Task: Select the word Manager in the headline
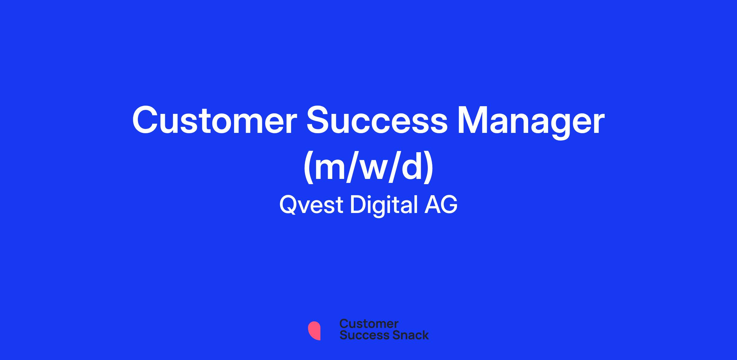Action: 531,122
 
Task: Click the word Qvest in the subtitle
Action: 311,205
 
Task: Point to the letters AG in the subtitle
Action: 441,205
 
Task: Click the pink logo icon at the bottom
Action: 314,331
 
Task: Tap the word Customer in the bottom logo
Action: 369,324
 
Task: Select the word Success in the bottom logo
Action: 361,335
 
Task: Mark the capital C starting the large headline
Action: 145,120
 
